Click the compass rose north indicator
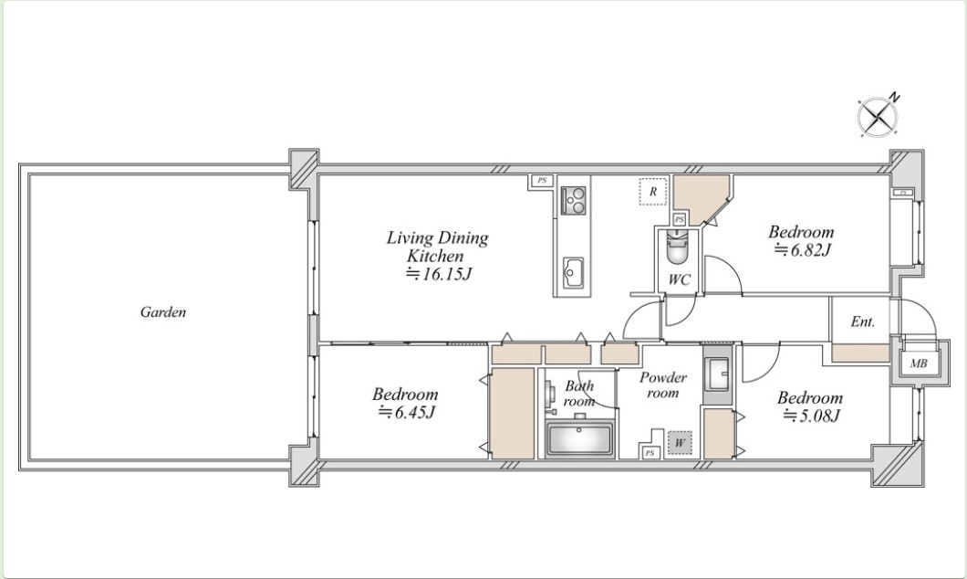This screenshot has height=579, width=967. (x=878, y=115)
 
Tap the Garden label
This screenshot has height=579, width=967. (x=162, y=311)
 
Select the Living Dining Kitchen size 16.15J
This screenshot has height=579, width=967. (x=439, y=274)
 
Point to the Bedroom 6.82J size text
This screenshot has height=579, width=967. (x=803, y=250)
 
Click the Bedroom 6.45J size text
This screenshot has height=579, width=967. (x=406, y=412)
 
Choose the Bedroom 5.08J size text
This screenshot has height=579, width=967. (x=811, y=416)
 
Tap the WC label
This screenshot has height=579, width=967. (x=679, y=279)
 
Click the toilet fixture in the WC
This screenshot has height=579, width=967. (x=677, y=247)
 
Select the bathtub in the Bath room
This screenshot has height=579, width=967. (x=579, y=439)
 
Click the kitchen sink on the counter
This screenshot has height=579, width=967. (x=573, y=272)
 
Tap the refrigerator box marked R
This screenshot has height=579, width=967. (x=652, y=192)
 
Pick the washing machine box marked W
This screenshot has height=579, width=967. (x=679, y=443)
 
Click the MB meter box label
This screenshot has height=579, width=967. (x=919, y=363)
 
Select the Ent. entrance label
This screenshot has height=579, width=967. (x=862, y=321)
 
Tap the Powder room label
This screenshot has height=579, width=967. (x=663, y=384)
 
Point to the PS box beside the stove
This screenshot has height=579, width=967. (x=542, y=181)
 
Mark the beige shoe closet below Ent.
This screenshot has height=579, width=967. (x=860, y=353)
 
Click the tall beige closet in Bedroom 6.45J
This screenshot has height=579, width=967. (x=512, y=414)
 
